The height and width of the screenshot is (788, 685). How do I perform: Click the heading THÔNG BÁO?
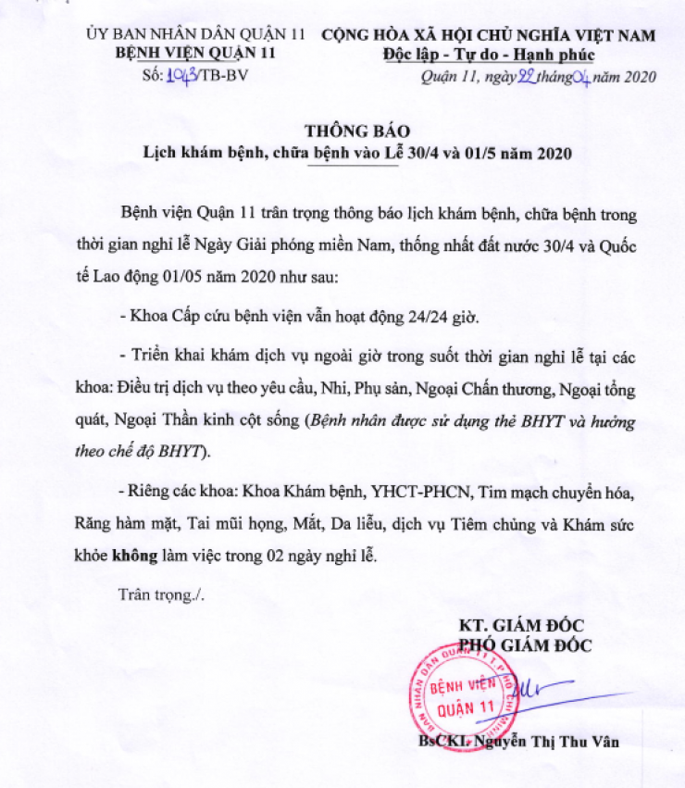coord(356,130)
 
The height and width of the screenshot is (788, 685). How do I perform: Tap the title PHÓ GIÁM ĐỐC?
coord(525,644)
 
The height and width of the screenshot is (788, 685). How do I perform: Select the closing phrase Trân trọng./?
coord(162,594)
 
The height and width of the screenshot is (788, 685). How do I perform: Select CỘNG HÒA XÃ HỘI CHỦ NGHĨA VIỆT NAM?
coord(489,34)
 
